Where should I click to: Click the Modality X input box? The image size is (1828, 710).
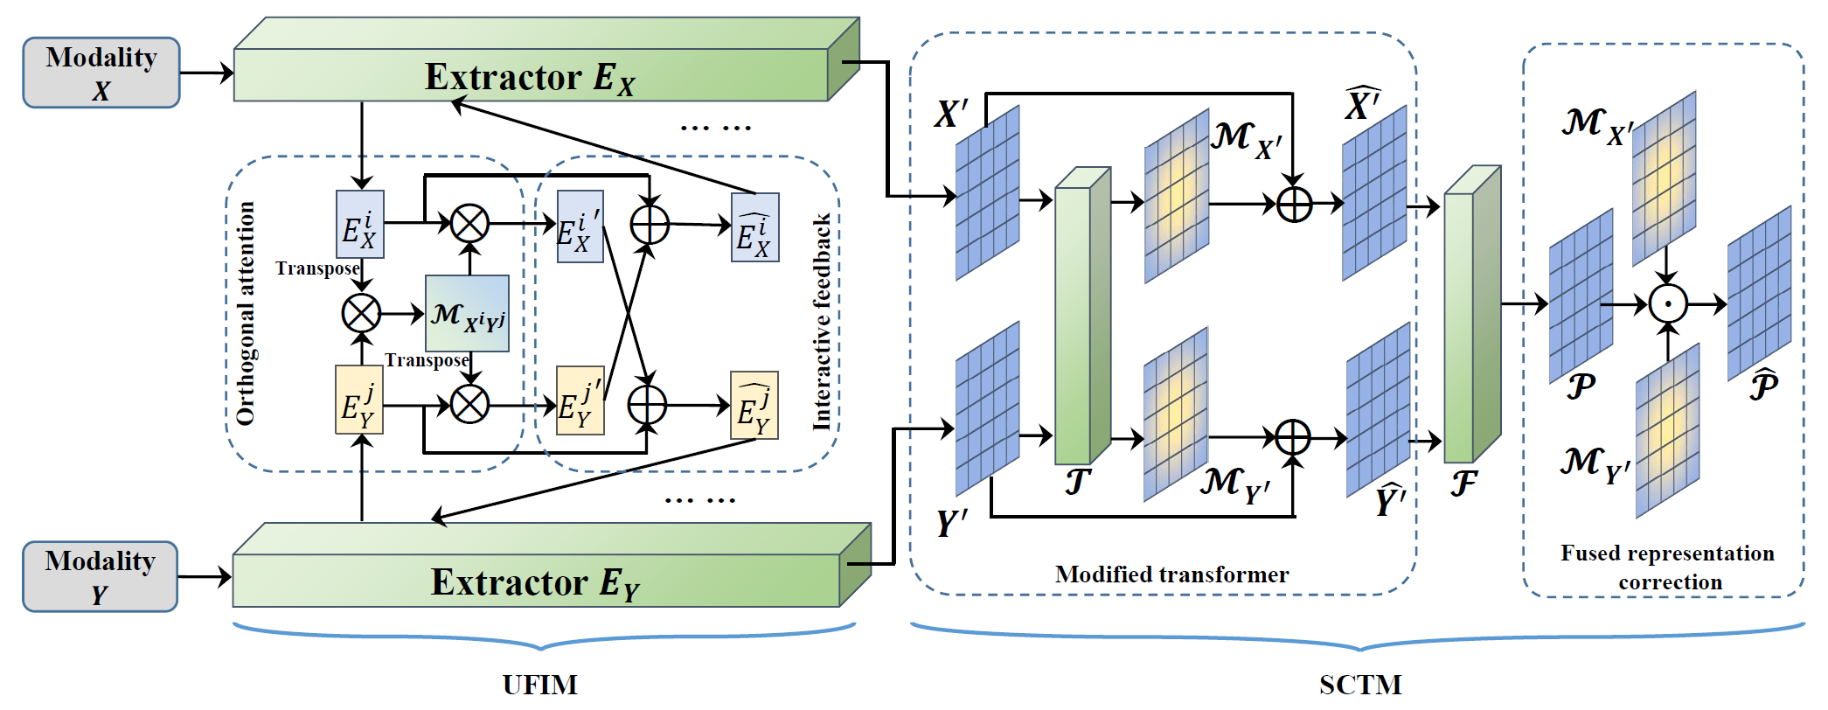(101, 73)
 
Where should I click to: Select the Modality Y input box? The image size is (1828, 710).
(100, 576)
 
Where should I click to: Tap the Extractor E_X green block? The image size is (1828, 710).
(531, 75)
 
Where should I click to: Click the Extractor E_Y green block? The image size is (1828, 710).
(535, 581)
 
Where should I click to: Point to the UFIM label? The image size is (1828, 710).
(539, 685)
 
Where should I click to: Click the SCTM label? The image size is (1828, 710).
(1359, 685)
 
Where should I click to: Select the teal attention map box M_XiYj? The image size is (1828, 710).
(467, 314)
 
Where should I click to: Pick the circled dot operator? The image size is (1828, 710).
(1667, 304)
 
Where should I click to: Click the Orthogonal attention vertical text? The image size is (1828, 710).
(246, 313)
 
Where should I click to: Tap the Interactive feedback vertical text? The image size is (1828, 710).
(822, 322)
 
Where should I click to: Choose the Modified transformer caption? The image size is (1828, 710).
(1171, 574)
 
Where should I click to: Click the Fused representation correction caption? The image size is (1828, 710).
(1667, 567)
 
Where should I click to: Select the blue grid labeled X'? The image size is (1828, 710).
(987, 192)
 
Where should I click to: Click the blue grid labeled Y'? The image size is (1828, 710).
(987, 408)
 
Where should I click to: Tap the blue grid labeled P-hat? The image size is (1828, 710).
(1759, 293)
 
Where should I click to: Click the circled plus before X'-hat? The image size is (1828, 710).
(1294, 205)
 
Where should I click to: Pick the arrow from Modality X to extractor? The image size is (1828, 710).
(206, 73)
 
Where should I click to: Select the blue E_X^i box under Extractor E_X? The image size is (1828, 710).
(359, 225)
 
